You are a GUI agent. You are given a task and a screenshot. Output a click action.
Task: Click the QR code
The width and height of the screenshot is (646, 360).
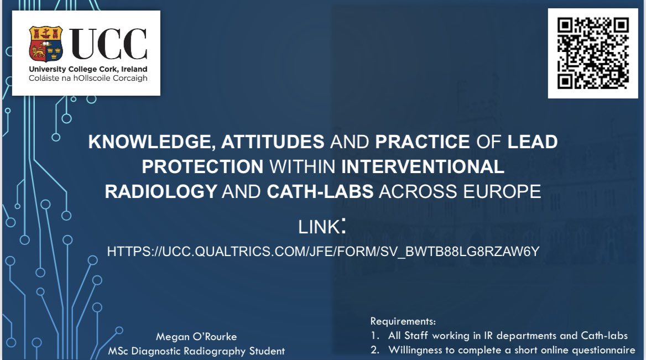593,53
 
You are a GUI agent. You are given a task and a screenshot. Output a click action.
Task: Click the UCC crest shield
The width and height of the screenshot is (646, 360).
46,44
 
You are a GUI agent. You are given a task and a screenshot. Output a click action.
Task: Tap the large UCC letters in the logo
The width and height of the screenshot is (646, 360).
108,44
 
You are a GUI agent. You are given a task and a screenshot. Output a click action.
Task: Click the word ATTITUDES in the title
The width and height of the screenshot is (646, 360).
273,142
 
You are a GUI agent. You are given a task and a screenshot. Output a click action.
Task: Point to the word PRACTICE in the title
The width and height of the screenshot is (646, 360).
423,142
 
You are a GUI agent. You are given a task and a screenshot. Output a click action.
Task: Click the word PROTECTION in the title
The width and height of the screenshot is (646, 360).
202,167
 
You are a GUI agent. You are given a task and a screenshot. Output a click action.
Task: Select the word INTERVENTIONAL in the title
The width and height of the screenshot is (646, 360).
423,167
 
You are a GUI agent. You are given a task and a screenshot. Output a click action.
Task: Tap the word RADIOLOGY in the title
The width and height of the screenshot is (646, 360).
161,191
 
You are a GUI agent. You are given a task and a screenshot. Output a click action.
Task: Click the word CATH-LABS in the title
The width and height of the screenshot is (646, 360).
320,191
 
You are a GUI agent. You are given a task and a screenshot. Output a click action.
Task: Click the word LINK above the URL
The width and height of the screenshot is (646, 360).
319,227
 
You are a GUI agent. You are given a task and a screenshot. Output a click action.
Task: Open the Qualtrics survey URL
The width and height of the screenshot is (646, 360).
323,252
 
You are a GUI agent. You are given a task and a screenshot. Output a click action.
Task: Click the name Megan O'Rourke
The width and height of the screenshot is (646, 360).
196,337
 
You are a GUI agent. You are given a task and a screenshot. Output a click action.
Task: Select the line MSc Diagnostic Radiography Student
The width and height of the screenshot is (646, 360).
196,351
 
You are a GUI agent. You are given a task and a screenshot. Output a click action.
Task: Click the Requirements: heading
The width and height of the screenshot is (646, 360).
403,321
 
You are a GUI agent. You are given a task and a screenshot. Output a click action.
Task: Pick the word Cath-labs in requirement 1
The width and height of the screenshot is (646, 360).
605,335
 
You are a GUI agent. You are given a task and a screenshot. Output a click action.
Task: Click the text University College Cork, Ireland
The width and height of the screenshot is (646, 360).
88,69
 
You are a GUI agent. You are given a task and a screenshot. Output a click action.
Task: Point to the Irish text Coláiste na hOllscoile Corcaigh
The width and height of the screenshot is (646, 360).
88,78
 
